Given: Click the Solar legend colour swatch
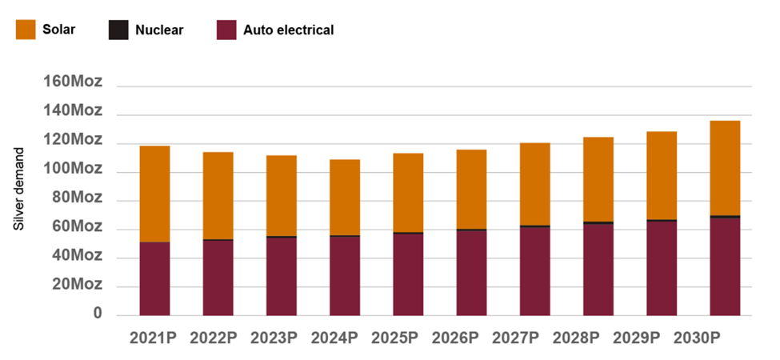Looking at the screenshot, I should tap(25, 30).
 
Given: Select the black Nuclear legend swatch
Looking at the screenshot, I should tap(118, 30).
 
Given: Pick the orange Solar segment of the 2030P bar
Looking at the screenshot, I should tap(725, 168).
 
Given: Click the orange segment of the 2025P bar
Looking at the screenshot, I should tap(408, 193).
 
